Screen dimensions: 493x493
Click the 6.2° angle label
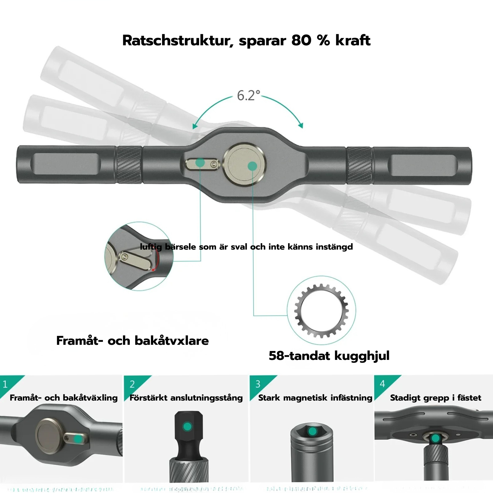pyautogui.click(x=248, y=96)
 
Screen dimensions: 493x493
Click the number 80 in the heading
pyautogui.click(x=301, y=40)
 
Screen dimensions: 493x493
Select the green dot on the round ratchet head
pyautogui.click(x=252, y=166)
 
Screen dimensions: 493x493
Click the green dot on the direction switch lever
pyautogui.click(x=200, y=162)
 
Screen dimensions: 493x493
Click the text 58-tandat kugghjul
pyautogui.click(x=329, y=356)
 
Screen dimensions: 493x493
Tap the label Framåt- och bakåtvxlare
pyautogui.click(x=132, y=341)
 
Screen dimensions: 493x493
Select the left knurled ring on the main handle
pyautogui.click(x=129, y=165)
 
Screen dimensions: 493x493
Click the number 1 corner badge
pyautogui.click(x=5, y=384)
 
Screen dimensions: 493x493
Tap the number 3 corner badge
pyautogui.click(x=258, y=384)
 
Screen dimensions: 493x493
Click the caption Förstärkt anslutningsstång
pyautogui.click(x=186, y=398)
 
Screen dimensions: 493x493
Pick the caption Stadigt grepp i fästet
pyautogui.click(x=435, y=398)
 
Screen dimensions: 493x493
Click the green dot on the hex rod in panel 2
pyautogui.click(x=187, y=426)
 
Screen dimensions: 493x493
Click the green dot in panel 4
pyautogui.click(x=435, y=438)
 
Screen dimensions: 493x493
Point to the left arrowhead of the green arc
pyautogui.click(x=194, y=127)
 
